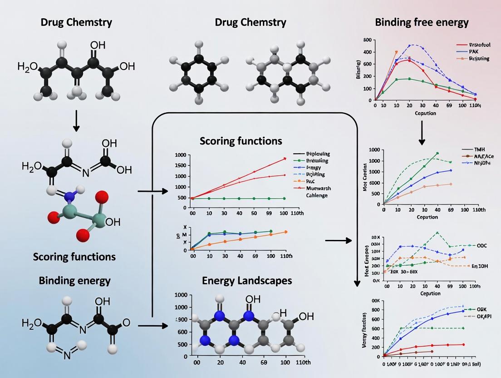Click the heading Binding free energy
point(422,22)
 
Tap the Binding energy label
point(74,280)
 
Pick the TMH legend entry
point(479,149)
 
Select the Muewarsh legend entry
point(317,189)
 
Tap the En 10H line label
point(481,266)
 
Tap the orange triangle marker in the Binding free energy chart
point(396,52)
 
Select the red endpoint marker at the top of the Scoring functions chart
point(285,159)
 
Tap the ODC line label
point(481,245)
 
